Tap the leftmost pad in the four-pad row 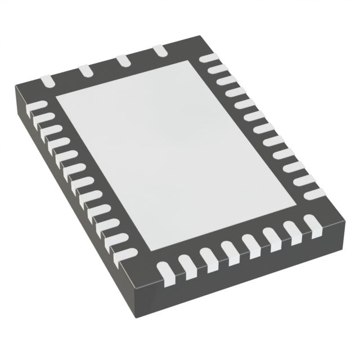pyautogui.click(x=47, y=82)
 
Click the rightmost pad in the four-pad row pyautogui.click(x=161, y=51)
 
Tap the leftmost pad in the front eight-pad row pyautogui.click(x=165, y=271)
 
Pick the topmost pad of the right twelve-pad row pyautogui.click(x=209, y=58)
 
